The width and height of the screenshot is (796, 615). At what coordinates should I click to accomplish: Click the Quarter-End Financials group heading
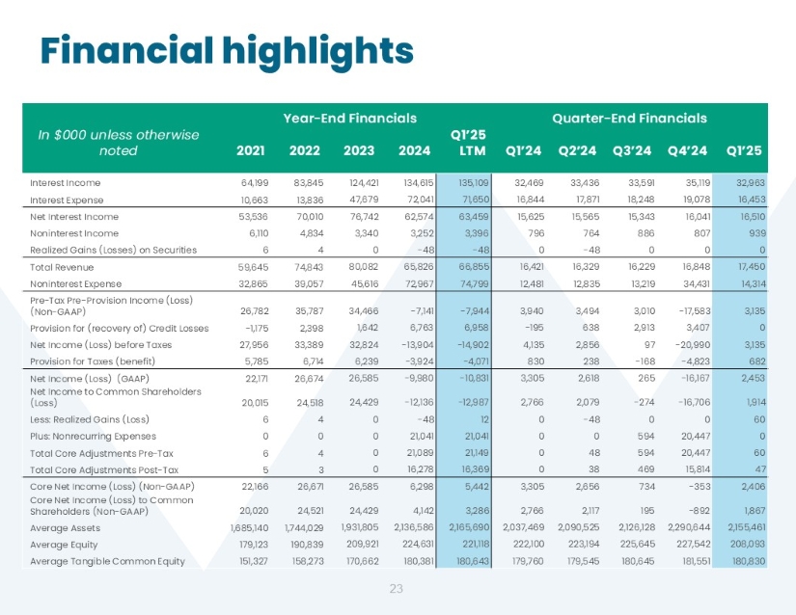tap(629, 119)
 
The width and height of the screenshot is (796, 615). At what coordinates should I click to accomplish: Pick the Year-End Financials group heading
tap(349, 119)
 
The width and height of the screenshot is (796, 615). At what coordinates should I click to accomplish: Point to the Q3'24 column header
tap(635, 149)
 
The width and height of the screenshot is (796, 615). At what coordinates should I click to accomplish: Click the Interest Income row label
tap(65, 181)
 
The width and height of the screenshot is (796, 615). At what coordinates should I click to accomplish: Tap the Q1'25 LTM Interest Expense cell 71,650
tap(469, 198)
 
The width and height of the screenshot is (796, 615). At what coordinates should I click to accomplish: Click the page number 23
tap(396, 588)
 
